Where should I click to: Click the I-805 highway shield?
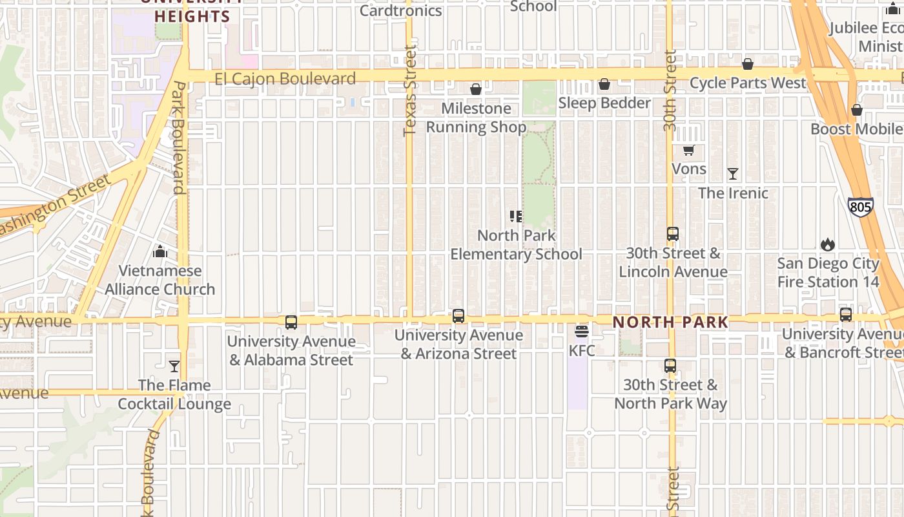click(860, 207)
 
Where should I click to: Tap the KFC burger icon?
click(581, 332)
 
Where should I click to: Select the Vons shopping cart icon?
click(688, 151)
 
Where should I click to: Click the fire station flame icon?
click(827, 244)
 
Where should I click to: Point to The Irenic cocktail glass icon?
click(732, 174)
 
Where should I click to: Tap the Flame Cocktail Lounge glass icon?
click(174, 366)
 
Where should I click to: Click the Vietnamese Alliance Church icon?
click(160, 251)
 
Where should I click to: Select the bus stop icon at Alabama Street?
click(291, 322)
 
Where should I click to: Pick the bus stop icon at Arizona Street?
click(458, 316)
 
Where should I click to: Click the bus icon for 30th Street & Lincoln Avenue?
click(673, 234)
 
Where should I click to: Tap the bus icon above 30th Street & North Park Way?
click(670, 366)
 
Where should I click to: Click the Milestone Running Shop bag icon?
click(476, 89)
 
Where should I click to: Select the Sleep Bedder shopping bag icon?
click(604, 84)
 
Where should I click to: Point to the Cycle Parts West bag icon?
click(748, 64)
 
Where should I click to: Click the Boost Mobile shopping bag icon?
click(857, 110)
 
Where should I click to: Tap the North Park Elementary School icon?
click(516, 216)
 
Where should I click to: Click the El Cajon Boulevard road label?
click(285, 79)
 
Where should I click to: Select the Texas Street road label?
click(410, 90)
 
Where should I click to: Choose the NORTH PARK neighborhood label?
click(670, 322)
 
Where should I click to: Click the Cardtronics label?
click(400, 10)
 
